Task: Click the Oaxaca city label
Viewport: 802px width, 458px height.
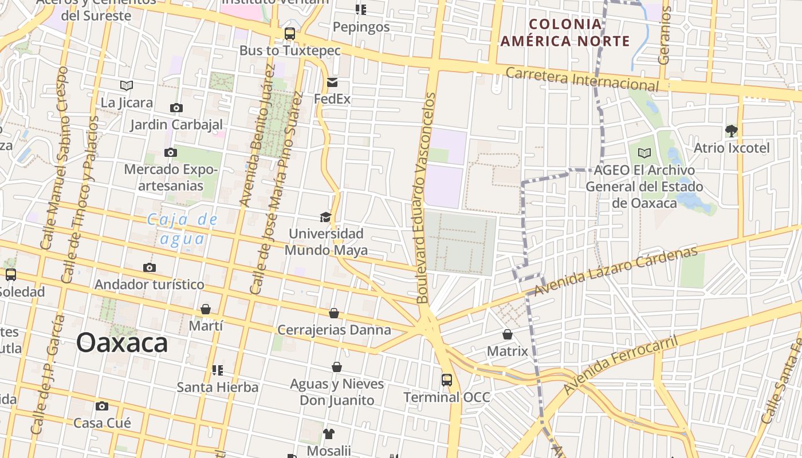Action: tap(122, 343)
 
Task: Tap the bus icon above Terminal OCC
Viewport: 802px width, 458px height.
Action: tap(446, 380)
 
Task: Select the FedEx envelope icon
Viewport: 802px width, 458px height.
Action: tap(332, 82)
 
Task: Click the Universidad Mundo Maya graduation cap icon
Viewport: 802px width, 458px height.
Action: tap(325, 217)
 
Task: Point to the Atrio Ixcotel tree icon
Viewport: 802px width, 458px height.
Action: tap(731, 131)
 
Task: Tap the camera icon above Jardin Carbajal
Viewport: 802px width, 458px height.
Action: tap(176, 108)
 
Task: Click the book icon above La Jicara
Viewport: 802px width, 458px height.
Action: tap(127, 85)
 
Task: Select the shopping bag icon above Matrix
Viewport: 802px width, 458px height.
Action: tap(507, 334)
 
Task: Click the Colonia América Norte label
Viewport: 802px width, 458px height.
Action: tap(565, 33)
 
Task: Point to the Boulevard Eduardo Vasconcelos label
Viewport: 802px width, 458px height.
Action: tap(426, 198)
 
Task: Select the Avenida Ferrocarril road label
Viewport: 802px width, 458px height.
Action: tap(620, 365)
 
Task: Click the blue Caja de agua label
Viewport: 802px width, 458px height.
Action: tap(183, 228)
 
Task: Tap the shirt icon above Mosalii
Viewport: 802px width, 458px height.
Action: tap(328, 433)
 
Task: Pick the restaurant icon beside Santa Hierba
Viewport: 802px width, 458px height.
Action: tap(217, 370)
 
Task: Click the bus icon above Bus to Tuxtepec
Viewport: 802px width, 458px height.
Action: tap(290, 34)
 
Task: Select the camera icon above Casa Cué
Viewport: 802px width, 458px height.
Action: tap(102, 406)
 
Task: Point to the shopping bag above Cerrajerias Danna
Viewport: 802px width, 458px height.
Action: tap(334, 313)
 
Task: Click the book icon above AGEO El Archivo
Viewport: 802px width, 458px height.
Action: tap(644, 153)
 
